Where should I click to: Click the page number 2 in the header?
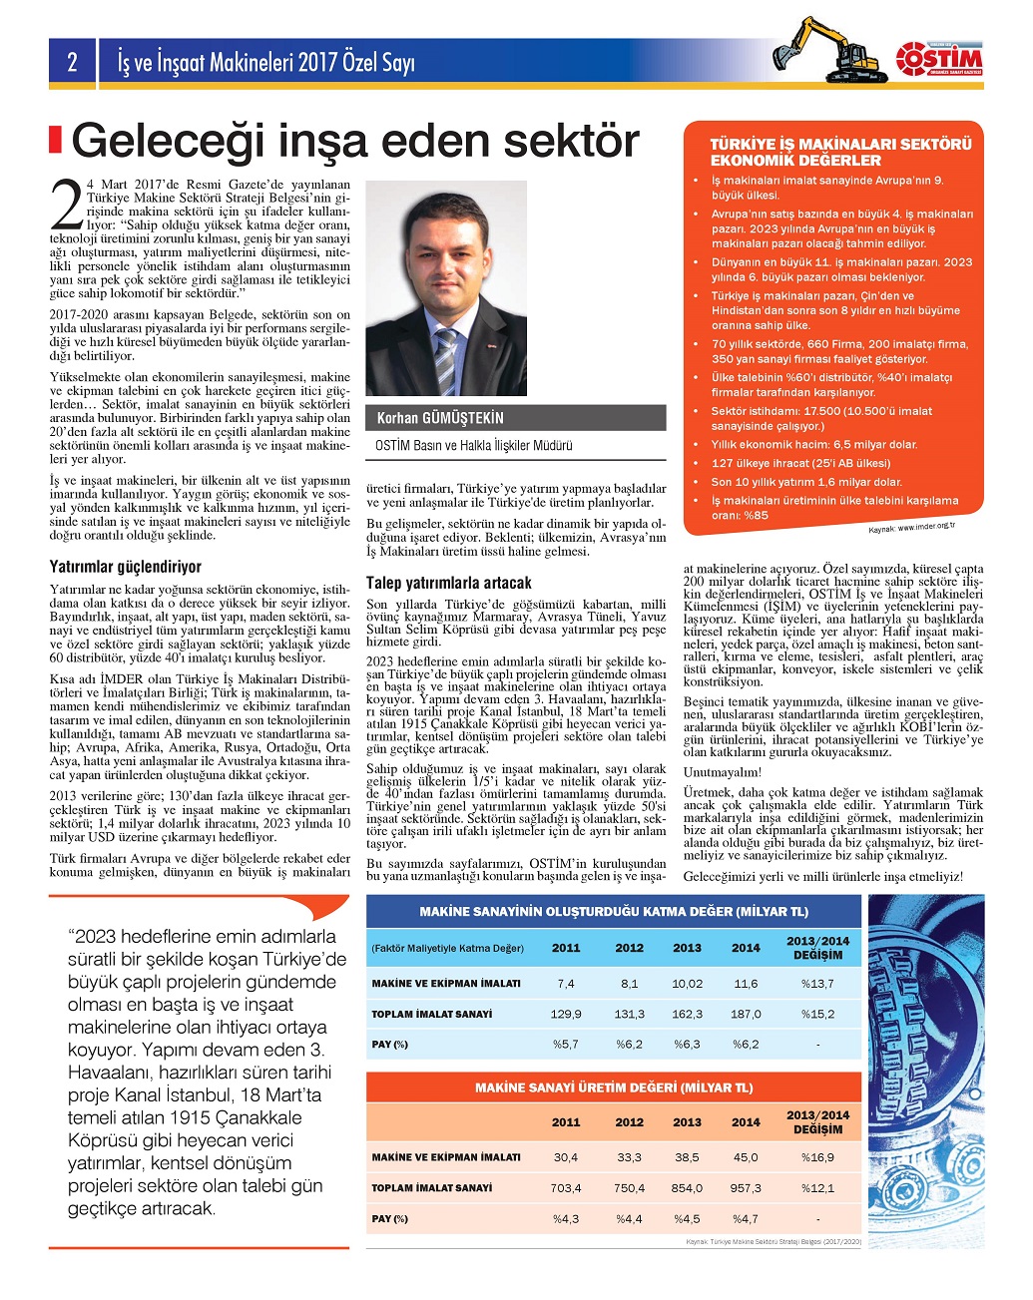pos(72,63)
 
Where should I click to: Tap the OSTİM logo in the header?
pos(938,60)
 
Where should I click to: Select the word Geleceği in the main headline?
pos(169,141)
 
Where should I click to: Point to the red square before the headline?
pos(56,140)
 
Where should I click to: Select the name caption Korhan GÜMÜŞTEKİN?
pos(440,418)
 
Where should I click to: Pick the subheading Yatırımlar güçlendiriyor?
pos(126,567)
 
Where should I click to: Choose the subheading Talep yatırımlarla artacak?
pos(448,583)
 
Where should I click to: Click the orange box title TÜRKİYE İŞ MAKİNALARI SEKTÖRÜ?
pos(840,144)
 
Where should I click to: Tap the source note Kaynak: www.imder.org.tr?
pos(911,527)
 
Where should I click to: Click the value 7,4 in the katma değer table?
pos(566,984)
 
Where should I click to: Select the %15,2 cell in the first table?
pos(817,1014)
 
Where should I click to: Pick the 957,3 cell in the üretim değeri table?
pos(746,1188)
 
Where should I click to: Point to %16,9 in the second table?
pos(817,1157)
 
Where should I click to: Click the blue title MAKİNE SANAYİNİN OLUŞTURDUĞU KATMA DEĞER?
pos(614,911)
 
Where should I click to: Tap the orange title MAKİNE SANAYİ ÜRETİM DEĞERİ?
pos(614,1087)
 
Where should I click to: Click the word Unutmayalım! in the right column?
pos(722,772)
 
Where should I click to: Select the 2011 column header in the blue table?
pos(566,948)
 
